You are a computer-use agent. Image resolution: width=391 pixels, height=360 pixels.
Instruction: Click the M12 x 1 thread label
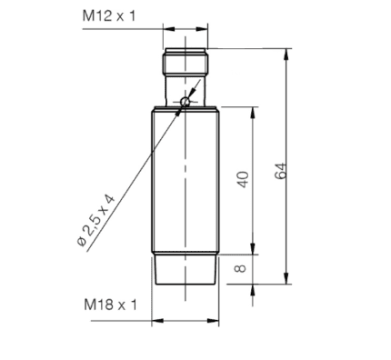tap(109, 15)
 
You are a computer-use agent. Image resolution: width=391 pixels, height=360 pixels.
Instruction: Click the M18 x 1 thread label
tap(110, 305)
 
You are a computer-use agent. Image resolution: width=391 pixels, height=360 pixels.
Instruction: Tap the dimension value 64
tap(281, 171)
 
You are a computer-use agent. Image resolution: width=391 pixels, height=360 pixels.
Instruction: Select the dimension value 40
tap(243, 179)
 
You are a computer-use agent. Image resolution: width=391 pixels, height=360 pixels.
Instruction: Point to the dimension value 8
tap(241, 268)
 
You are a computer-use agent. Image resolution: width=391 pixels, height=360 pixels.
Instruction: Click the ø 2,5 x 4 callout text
tap(95, 220)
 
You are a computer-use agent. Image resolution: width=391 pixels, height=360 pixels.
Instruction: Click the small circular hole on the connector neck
tap(185, 102)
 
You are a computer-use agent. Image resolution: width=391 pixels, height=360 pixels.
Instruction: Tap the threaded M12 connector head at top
tap(185, 62)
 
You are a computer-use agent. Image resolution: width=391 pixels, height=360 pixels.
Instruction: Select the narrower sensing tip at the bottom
tap(185, 269)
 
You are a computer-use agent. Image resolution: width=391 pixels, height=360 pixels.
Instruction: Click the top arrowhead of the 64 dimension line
tap(286, 55)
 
